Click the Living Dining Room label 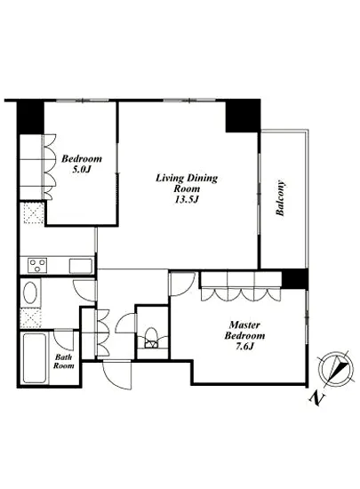click(x=187, y=183)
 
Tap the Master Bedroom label click(x=244, y=330)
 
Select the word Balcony click(x=280, y=197)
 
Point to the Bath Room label click(x=64, y=361)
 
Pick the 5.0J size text click(x=81, y=170)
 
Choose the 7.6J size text click(x=244, y=347)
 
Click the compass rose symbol click(x=336, y=367)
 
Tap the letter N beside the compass click(x=317, y=398)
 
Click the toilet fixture click(x=152, y=338)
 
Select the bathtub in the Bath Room click(x=35, y=358)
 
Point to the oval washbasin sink click(x=30, y=293)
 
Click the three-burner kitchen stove click(x=37, y=266)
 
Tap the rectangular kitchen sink click(x=81, y=266)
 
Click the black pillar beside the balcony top click(x=243, y=116)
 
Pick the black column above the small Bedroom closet click(x=30, y=116)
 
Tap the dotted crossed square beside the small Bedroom click(x=34, y=212)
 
